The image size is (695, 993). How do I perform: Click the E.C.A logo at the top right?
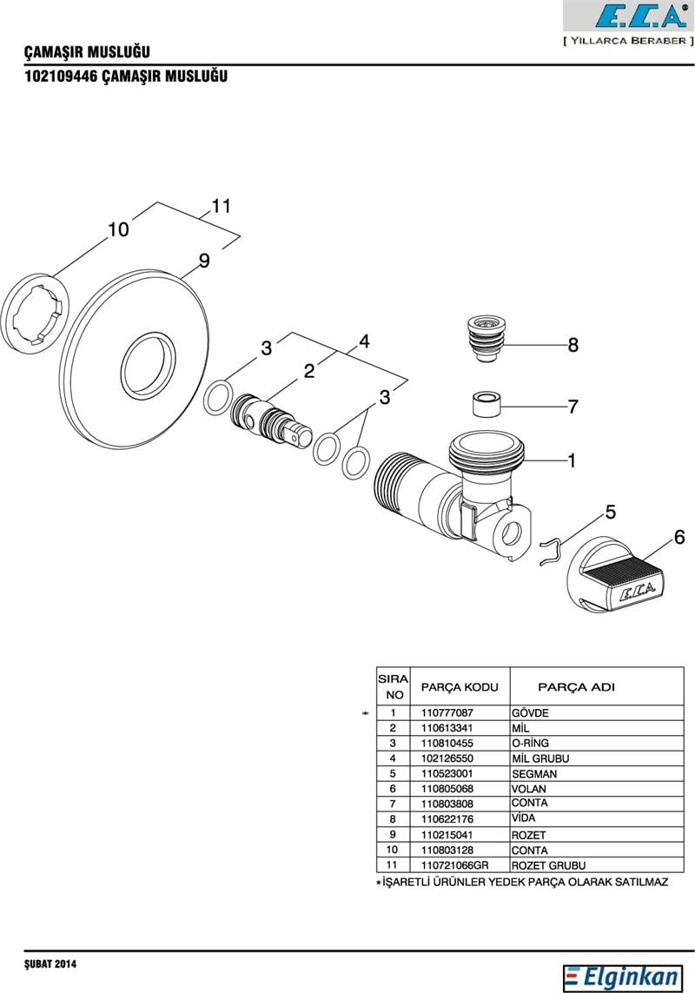coord(629,17)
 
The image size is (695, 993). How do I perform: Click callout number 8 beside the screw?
coord(573,346)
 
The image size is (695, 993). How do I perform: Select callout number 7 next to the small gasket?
coord(573,406)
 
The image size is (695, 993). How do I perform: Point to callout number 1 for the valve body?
coord(572,460)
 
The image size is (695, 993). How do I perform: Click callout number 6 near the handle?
coord(678,537)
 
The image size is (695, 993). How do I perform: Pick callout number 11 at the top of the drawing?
coord(221,207)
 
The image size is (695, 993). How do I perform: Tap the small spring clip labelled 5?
coord(551,553)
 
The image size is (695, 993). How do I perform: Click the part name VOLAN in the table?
coord(529,789)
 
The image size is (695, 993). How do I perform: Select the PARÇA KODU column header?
coord(460,687)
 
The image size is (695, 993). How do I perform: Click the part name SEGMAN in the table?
coord(534,774)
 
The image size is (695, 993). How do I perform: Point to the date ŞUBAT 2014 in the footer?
coord(51,964)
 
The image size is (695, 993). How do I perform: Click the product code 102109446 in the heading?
coord(62,76)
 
